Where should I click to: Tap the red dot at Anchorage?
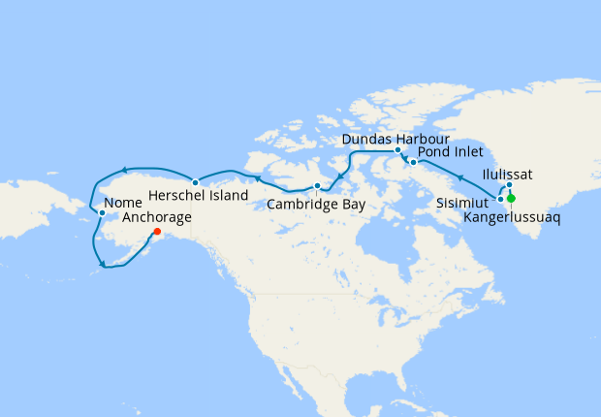click(x=157, y=232)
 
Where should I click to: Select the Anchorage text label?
click(x=157, y=218)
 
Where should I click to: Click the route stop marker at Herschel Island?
click(x=195, y=182)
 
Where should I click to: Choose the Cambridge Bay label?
click(x=315, y=204)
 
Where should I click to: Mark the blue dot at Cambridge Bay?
click(x=317, y=185)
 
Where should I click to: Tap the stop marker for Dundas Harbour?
click(x=398, y=151)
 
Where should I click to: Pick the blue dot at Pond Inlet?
click(x=414, y=162)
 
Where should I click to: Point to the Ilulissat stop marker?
click(x=509, y=184)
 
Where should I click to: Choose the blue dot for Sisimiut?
click(x=500, y=199)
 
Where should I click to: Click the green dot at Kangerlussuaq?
click(x=511, y=199)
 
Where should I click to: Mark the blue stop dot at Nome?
click(x=102, y=211)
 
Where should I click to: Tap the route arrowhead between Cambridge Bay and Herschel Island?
click(x=255, y=177)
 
